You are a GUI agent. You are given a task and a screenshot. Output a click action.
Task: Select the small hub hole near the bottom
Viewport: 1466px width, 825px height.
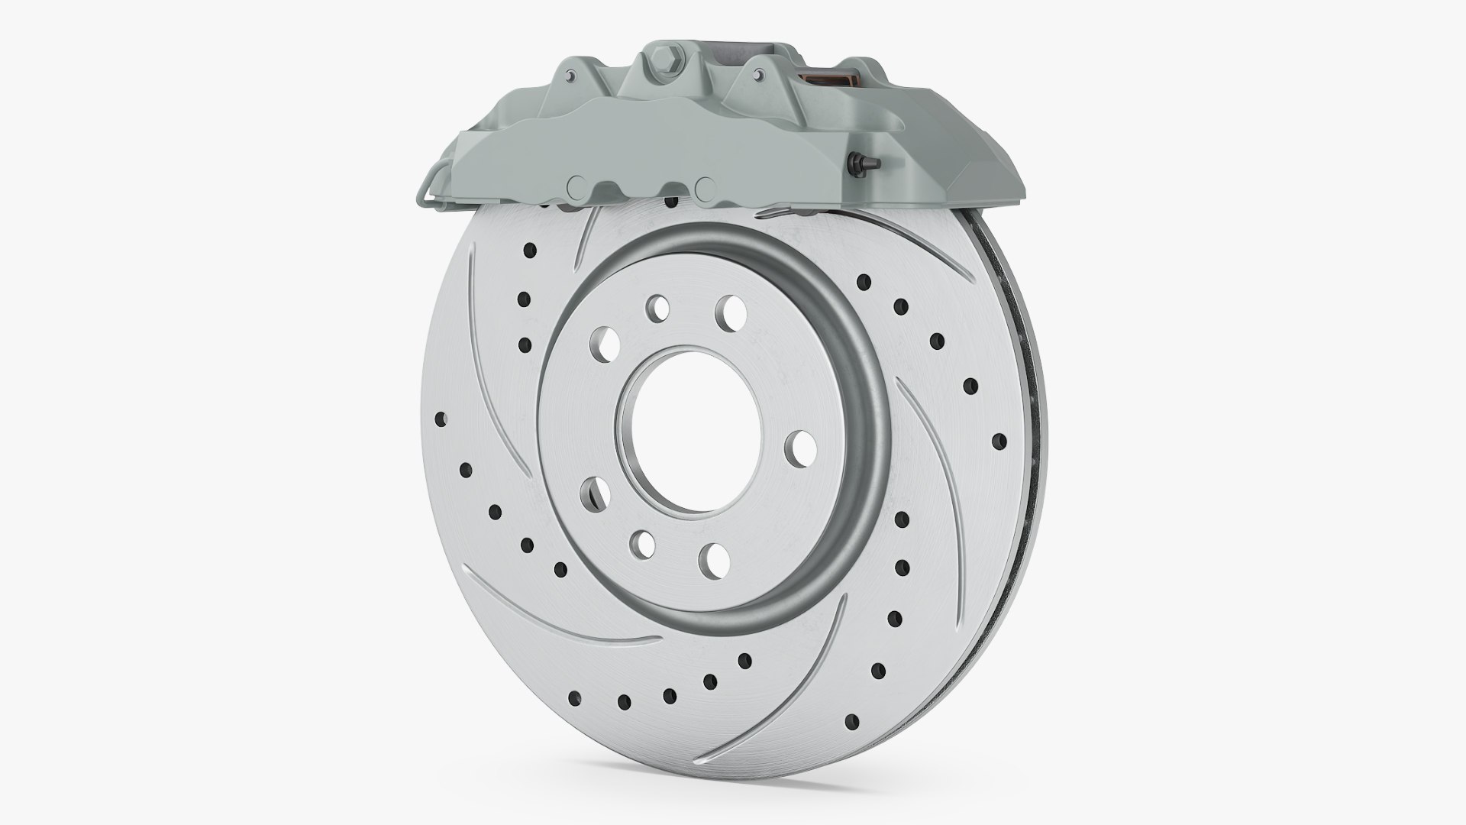[643, 544]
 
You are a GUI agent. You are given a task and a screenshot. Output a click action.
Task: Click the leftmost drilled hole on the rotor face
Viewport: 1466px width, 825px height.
[440, 419]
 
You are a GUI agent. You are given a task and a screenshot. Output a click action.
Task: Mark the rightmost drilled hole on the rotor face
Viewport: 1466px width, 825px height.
[998, 441]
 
